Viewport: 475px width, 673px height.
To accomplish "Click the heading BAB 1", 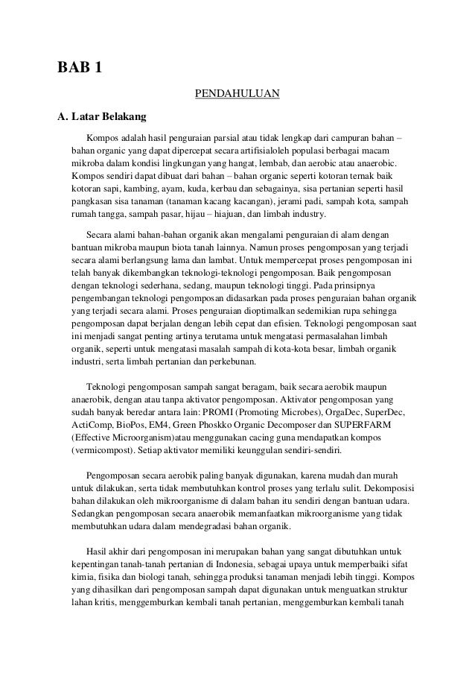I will pos(80,70).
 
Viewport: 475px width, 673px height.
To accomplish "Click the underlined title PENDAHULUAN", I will pos(237,93).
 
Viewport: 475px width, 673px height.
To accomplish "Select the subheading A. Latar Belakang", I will pos(103,116).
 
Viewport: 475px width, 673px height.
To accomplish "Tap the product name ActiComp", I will pos(90,426).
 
